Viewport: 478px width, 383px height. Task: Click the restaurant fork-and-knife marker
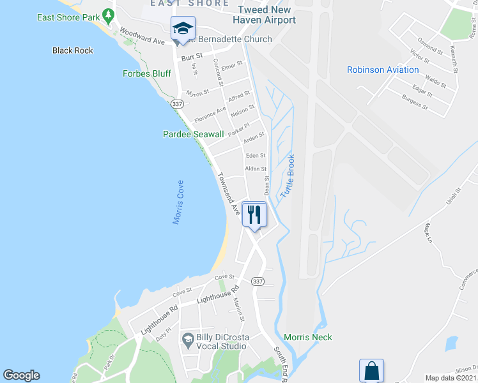[x=254, y=213]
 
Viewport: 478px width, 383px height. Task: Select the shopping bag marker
[x=371, y=370]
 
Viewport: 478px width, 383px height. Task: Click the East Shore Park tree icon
[x=109, y=14]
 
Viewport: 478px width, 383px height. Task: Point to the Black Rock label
[x=73, y=50]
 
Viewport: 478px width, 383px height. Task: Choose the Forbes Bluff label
[x=147, y=73]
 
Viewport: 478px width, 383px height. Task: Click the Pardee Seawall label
[x=193, y=134]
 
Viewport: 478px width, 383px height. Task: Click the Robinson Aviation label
[x=383, y=70]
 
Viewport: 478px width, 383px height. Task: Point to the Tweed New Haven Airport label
[x=266, y=15]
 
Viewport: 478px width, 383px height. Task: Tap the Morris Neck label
[x=308, y=337]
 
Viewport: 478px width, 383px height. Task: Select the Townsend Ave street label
[x=228, y=193]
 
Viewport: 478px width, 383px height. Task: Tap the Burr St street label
[x=192, y=57]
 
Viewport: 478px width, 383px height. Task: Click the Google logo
[x=21, y=375]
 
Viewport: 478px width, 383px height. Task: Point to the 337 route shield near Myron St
[x=177, y=103]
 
